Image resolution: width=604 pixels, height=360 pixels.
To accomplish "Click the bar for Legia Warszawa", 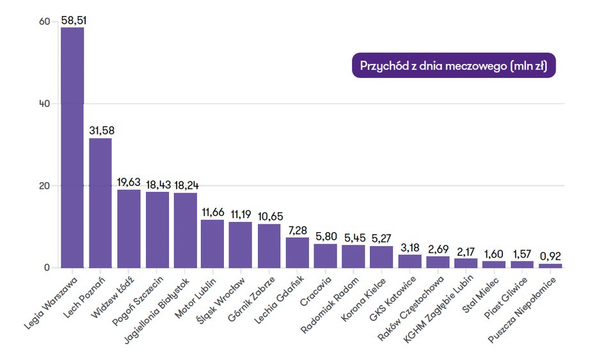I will (72, 147).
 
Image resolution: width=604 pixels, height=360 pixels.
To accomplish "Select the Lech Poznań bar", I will (100, 203).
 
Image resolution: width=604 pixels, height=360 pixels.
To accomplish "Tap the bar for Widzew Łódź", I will (129, 228).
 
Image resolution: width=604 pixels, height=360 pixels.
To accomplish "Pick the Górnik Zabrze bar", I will (269, 246).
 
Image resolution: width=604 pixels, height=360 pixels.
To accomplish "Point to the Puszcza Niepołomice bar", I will (550, 265).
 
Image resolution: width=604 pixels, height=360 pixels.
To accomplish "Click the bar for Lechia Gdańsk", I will (297, 253).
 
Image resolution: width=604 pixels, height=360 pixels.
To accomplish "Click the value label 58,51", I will (74, 20).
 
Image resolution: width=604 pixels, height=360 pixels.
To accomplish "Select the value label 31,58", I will (102, 130).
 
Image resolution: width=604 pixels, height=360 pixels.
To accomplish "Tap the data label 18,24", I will (186, 185).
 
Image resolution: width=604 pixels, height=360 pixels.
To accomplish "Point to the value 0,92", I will (550, 256).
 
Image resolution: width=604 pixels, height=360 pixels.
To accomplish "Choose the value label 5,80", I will (326, 236).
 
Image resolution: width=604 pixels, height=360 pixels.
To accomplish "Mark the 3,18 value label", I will (410, 247).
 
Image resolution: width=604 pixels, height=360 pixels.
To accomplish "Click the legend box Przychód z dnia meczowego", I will (454, 66).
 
